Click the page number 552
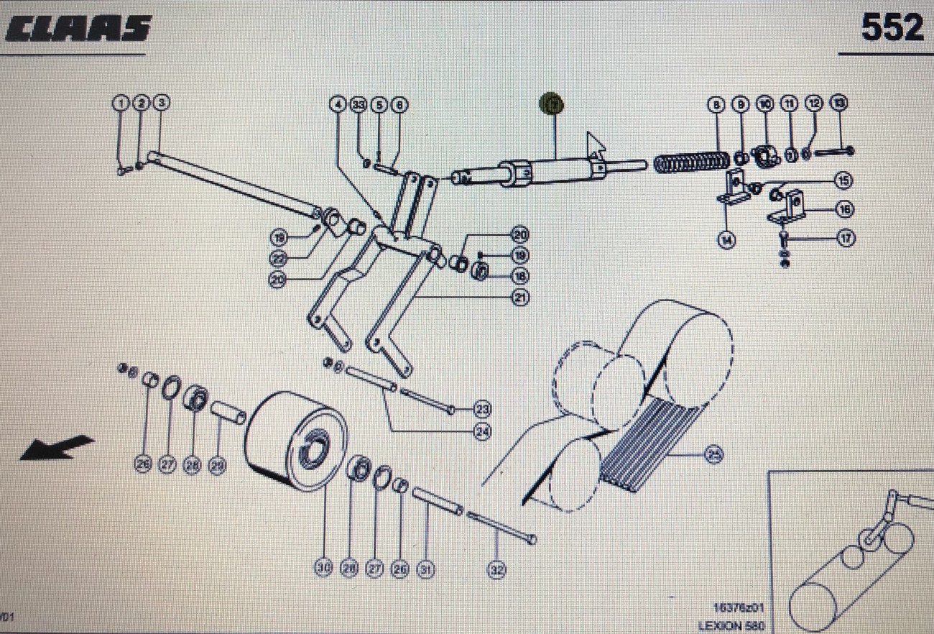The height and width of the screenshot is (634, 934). coord(892,29)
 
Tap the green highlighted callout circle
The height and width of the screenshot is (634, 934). coord(552,105)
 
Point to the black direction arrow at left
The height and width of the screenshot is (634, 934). coord(57,446)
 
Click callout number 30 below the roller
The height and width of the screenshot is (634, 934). coord(323,568)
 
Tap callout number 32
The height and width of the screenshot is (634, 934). coord(496,570)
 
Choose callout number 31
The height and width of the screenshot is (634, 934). coord(426,569)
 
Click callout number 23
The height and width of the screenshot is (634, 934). coord(483,410)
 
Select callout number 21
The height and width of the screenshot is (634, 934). coord(519,297)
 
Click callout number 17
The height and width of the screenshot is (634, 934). coord(846,239)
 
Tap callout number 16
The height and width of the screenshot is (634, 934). coord(843,209)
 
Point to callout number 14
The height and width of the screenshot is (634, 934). coord(728,240)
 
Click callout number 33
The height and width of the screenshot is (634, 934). coord(359,105)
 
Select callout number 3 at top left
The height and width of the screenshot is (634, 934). coord(162,104)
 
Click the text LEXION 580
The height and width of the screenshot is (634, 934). coord(731,626)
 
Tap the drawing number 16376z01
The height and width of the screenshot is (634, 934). coord(738,608)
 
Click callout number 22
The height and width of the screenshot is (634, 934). coord(279,259)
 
